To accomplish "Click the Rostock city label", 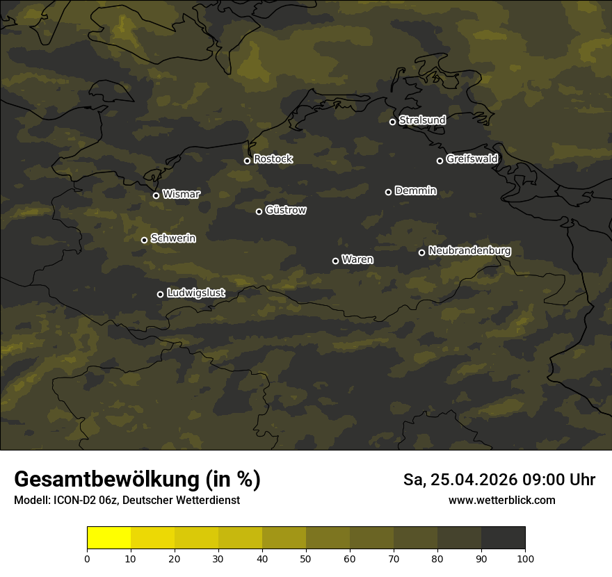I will [273, 159].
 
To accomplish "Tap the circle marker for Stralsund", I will [392, 122].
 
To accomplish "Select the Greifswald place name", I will [472, 159].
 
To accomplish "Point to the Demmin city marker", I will [388, 192].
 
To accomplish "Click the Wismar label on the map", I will [181, 195].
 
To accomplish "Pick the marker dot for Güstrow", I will [259, 211].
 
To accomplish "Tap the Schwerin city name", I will [173, 238].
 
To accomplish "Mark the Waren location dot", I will [335, 261].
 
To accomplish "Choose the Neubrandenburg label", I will [469, 251].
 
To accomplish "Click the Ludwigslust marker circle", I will [160, 294].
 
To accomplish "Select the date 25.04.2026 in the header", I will [474, 480].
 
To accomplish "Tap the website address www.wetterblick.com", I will [501, 500].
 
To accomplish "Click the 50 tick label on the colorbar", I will [306, 558].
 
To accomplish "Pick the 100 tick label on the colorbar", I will [525, 558].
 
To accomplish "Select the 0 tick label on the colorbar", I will [87, 558].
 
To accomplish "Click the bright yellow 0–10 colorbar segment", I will [109, 538].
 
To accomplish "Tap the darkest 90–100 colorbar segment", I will [503, 538].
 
